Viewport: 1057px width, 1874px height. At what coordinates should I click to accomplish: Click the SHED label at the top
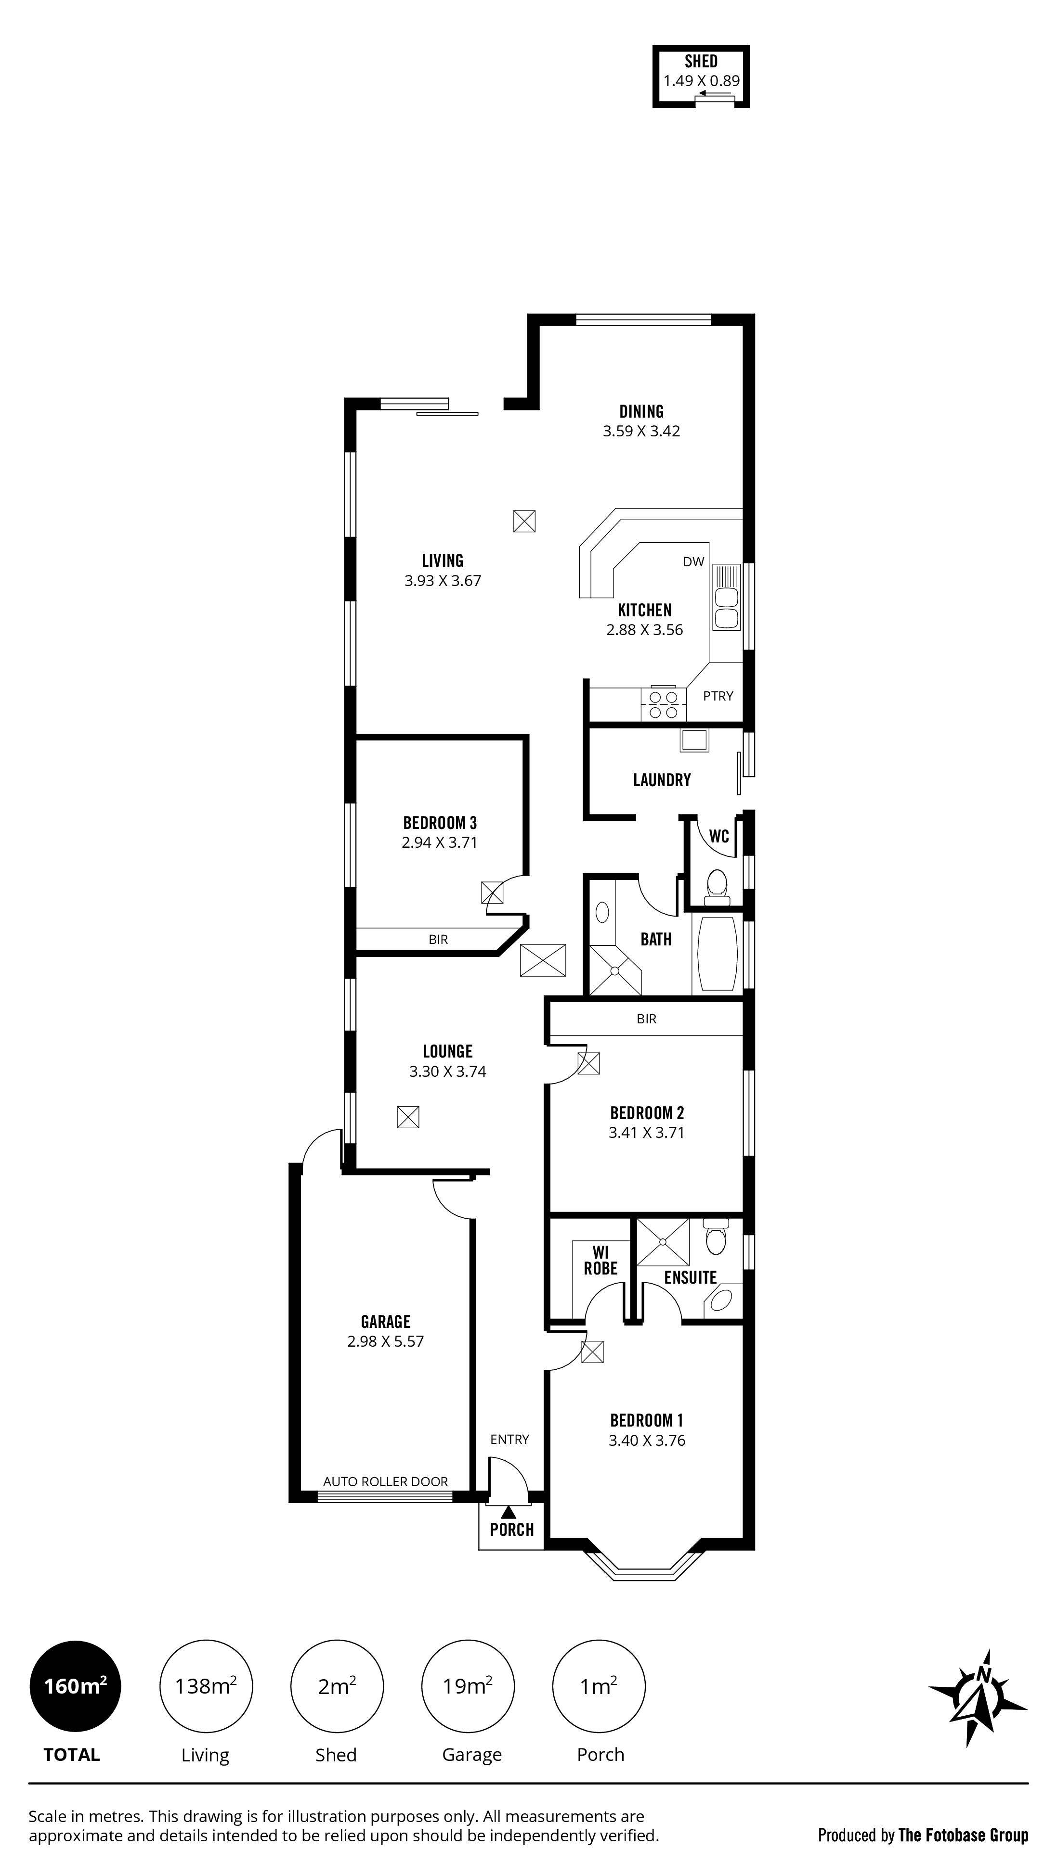point(700,62)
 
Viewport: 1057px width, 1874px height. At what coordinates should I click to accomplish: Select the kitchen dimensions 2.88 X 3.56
point(644,630)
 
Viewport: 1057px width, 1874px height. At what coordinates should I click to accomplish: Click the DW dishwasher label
point(693,561)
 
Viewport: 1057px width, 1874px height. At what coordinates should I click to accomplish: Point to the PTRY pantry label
point(718,696)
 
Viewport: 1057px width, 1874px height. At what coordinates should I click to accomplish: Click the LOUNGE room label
point(448,1051)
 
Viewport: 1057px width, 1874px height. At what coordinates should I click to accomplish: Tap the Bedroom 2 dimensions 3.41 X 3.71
point(646,1133)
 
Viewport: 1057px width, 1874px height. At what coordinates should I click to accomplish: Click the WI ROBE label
point(600,1260)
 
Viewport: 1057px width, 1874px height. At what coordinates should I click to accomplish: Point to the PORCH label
point(512,1530)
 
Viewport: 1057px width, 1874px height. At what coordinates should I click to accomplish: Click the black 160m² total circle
point(75,1685)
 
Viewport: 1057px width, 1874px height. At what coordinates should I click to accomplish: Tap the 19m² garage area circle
point(468,1685)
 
